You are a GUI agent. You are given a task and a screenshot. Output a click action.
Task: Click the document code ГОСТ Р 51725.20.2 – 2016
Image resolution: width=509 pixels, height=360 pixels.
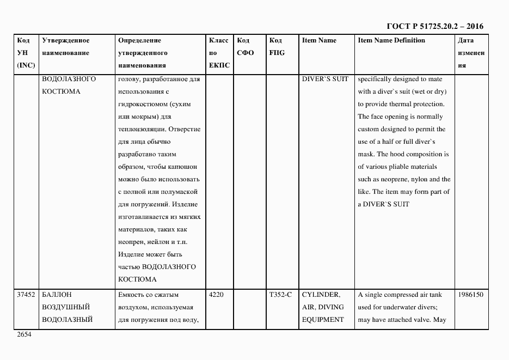click(434, 26)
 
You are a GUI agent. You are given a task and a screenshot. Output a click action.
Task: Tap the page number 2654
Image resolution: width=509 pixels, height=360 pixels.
click(24, 335)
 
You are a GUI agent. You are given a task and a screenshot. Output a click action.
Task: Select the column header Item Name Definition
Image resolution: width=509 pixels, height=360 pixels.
click(391, 40)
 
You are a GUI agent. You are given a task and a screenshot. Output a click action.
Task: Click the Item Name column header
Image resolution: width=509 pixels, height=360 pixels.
click(319, 40)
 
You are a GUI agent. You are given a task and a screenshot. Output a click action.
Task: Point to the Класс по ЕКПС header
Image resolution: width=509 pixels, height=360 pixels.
click(219, 53)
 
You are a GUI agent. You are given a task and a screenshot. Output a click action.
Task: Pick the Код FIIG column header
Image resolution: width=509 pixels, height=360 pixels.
click(277, 47)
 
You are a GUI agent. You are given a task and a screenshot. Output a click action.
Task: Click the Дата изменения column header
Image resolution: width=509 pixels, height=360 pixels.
click(471, 53)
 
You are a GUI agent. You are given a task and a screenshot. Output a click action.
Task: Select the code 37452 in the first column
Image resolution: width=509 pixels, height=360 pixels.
click(26, 295)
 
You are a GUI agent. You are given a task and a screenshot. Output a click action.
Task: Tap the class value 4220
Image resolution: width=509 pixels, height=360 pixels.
click(216, 295)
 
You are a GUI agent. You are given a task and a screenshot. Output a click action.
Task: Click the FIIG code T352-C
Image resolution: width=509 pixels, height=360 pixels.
click(280, 295)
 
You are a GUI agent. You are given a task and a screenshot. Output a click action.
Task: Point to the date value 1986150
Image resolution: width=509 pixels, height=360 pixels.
click(470, 295)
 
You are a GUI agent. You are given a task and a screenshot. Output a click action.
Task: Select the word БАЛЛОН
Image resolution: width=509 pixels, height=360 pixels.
click(57, 295)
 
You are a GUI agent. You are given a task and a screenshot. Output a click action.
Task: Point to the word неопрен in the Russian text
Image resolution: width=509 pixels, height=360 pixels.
click(130, 242)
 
